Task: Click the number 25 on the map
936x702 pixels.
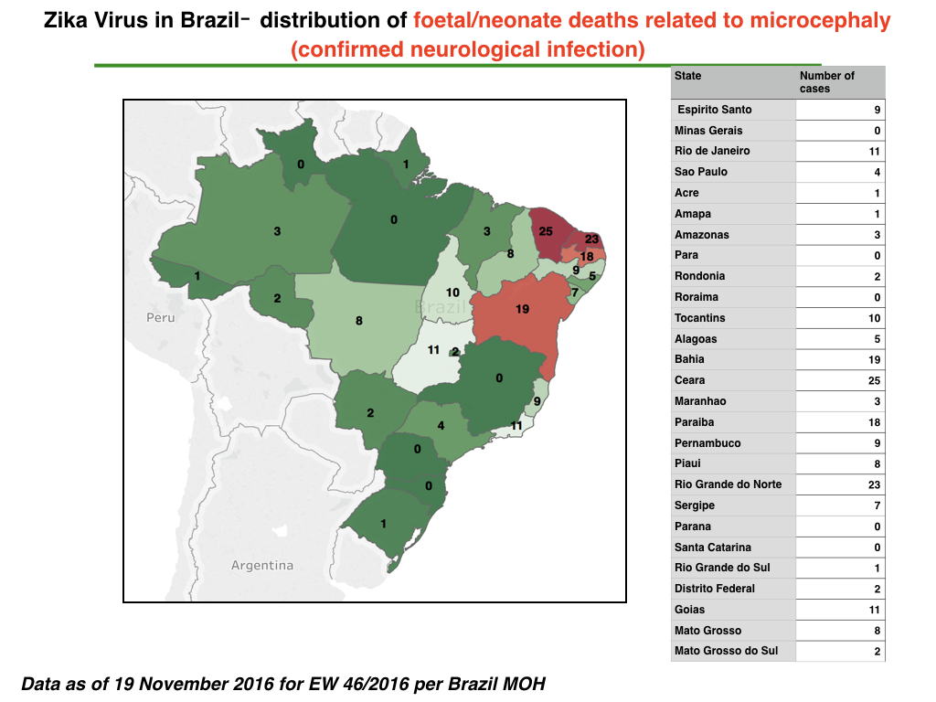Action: point(546,231)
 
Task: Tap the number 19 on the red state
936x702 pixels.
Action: point(522,309)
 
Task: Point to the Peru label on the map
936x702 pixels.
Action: point(161,317)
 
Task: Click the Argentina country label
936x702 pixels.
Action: point(262,565)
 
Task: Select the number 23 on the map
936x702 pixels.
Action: point(591,239)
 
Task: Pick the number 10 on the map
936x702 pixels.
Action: point(452,292)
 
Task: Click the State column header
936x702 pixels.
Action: point(687,76)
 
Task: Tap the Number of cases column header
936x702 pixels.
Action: point(826,82)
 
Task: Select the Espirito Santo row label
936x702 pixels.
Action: point(715,110)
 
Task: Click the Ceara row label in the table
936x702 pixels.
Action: point(689,380)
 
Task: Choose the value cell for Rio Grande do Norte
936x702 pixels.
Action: point(840,484)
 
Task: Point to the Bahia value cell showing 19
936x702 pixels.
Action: point(840,359)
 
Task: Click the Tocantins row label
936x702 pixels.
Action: point(699,318)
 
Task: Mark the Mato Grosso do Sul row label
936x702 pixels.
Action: point(726,651)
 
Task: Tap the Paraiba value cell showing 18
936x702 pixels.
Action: point(840,422)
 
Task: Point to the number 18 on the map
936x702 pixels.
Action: point(587,257)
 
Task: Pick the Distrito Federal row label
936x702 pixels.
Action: point(715,589)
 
